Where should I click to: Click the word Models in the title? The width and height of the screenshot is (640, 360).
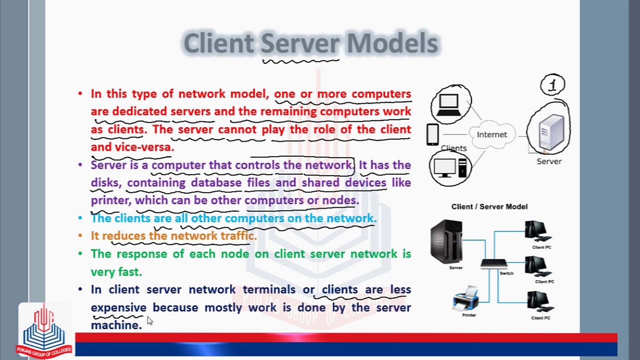[x=393, y=43]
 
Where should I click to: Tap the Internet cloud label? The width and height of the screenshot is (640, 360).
[x=492, y=134]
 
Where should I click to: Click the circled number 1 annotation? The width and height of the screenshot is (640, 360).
[x=552, y=85]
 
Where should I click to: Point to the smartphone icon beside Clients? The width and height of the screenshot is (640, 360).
[x=433, y=134]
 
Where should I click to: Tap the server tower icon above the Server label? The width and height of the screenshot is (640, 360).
[x=551, y=131]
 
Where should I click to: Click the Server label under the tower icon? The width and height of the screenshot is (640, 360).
[x=549, y=161]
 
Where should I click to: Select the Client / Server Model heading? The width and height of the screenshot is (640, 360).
[x=489, y=207]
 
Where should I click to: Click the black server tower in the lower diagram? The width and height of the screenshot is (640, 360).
[x=446, y=241]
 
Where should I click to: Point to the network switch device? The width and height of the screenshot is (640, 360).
[x=494, y=264]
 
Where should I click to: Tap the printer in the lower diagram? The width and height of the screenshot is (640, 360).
[x=466, y=298]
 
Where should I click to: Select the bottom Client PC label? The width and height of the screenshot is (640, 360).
[x=540, y=318]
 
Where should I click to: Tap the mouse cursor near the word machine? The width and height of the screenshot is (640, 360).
[x=150, y=321]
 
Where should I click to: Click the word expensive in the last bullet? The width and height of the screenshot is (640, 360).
[x=119, y=307]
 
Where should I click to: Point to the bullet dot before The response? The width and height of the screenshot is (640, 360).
[x=80, y=254]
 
